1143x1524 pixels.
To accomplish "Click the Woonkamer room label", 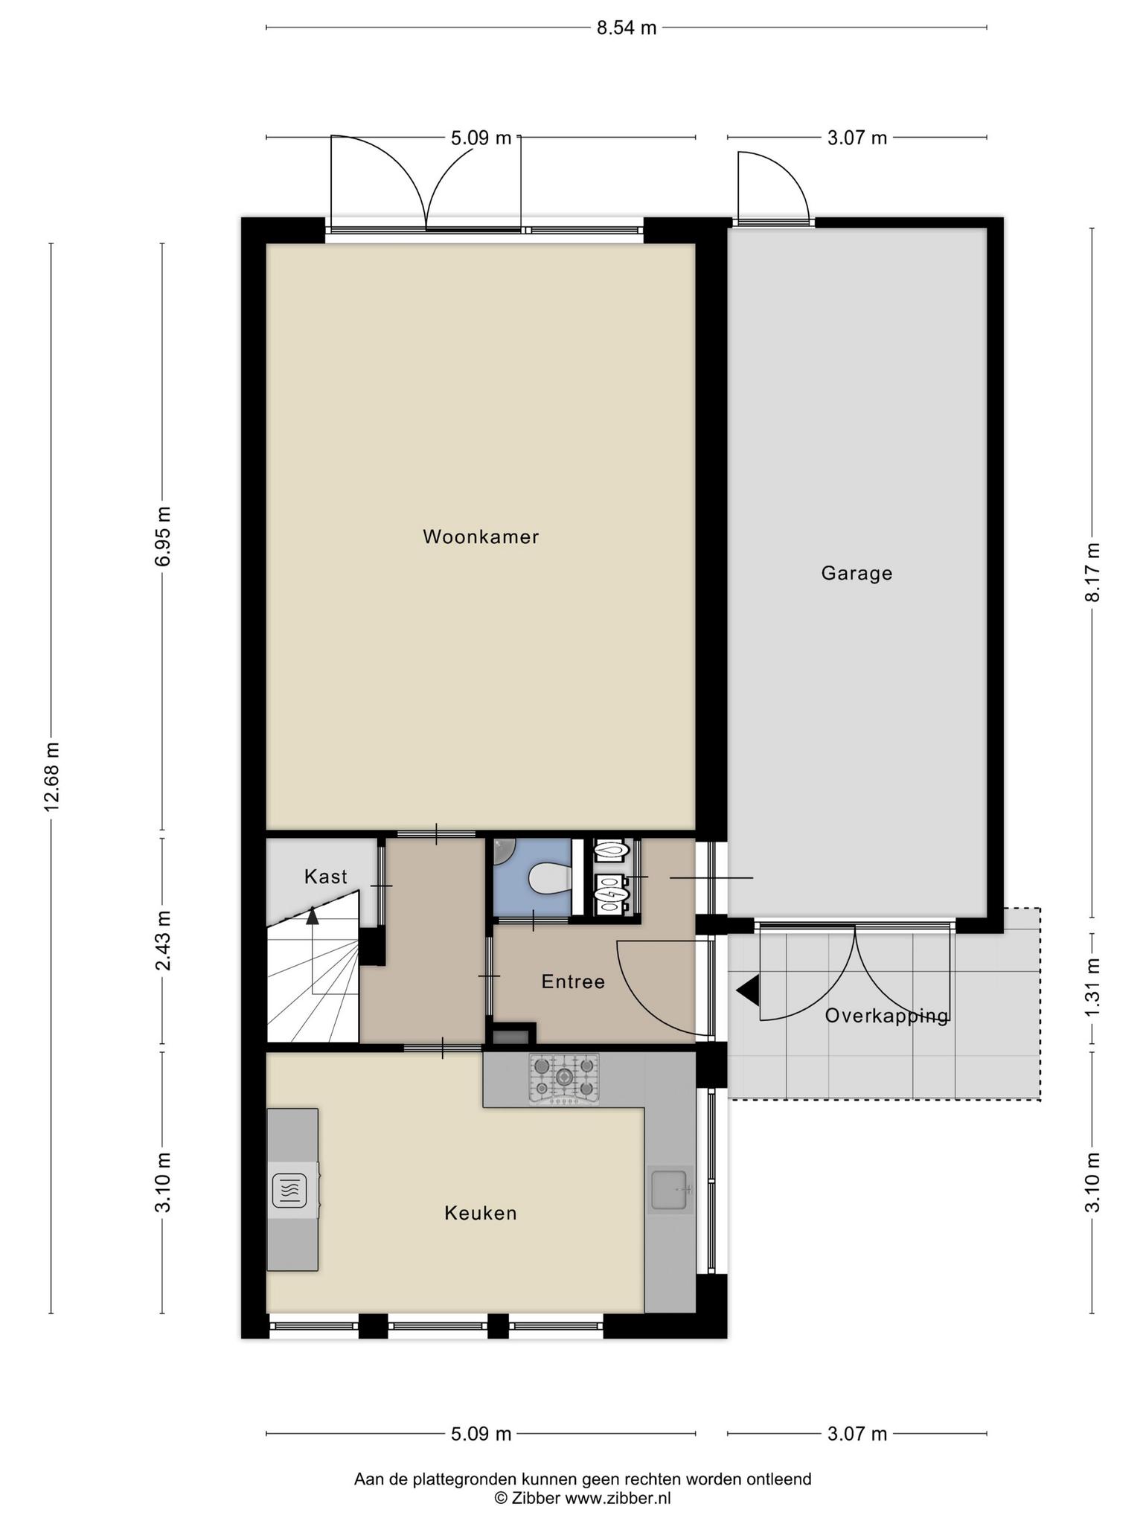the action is click(x=481, y=537).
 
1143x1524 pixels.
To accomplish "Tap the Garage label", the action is click(x=857, y=573).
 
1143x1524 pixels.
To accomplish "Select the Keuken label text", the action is click(x=480, y=1213).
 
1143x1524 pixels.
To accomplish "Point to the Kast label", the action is click(x=326, y=877).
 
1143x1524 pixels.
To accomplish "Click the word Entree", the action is click(x=573, y=982).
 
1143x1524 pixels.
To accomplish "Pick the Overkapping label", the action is click(x=887, y=1016).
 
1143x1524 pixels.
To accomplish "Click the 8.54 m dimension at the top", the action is click(x=627, y=28).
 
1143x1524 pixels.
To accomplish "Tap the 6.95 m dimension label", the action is click(x=163, y=536).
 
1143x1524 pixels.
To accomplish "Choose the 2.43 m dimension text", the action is click(x=163, y=941).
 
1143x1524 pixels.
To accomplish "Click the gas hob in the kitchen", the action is click(x=564, y=1078).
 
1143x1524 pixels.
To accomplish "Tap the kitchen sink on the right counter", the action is click(x=670, y=1189).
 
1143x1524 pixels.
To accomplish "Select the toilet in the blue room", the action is click(x=549, y=878).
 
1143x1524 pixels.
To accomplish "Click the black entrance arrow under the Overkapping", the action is click(x=747, y=990).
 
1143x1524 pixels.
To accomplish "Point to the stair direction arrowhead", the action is click(x=313, y=916).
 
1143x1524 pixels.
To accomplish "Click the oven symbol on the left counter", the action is click(x=289, y=1191).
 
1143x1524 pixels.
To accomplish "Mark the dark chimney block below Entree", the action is click(x=512, y=1035).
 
